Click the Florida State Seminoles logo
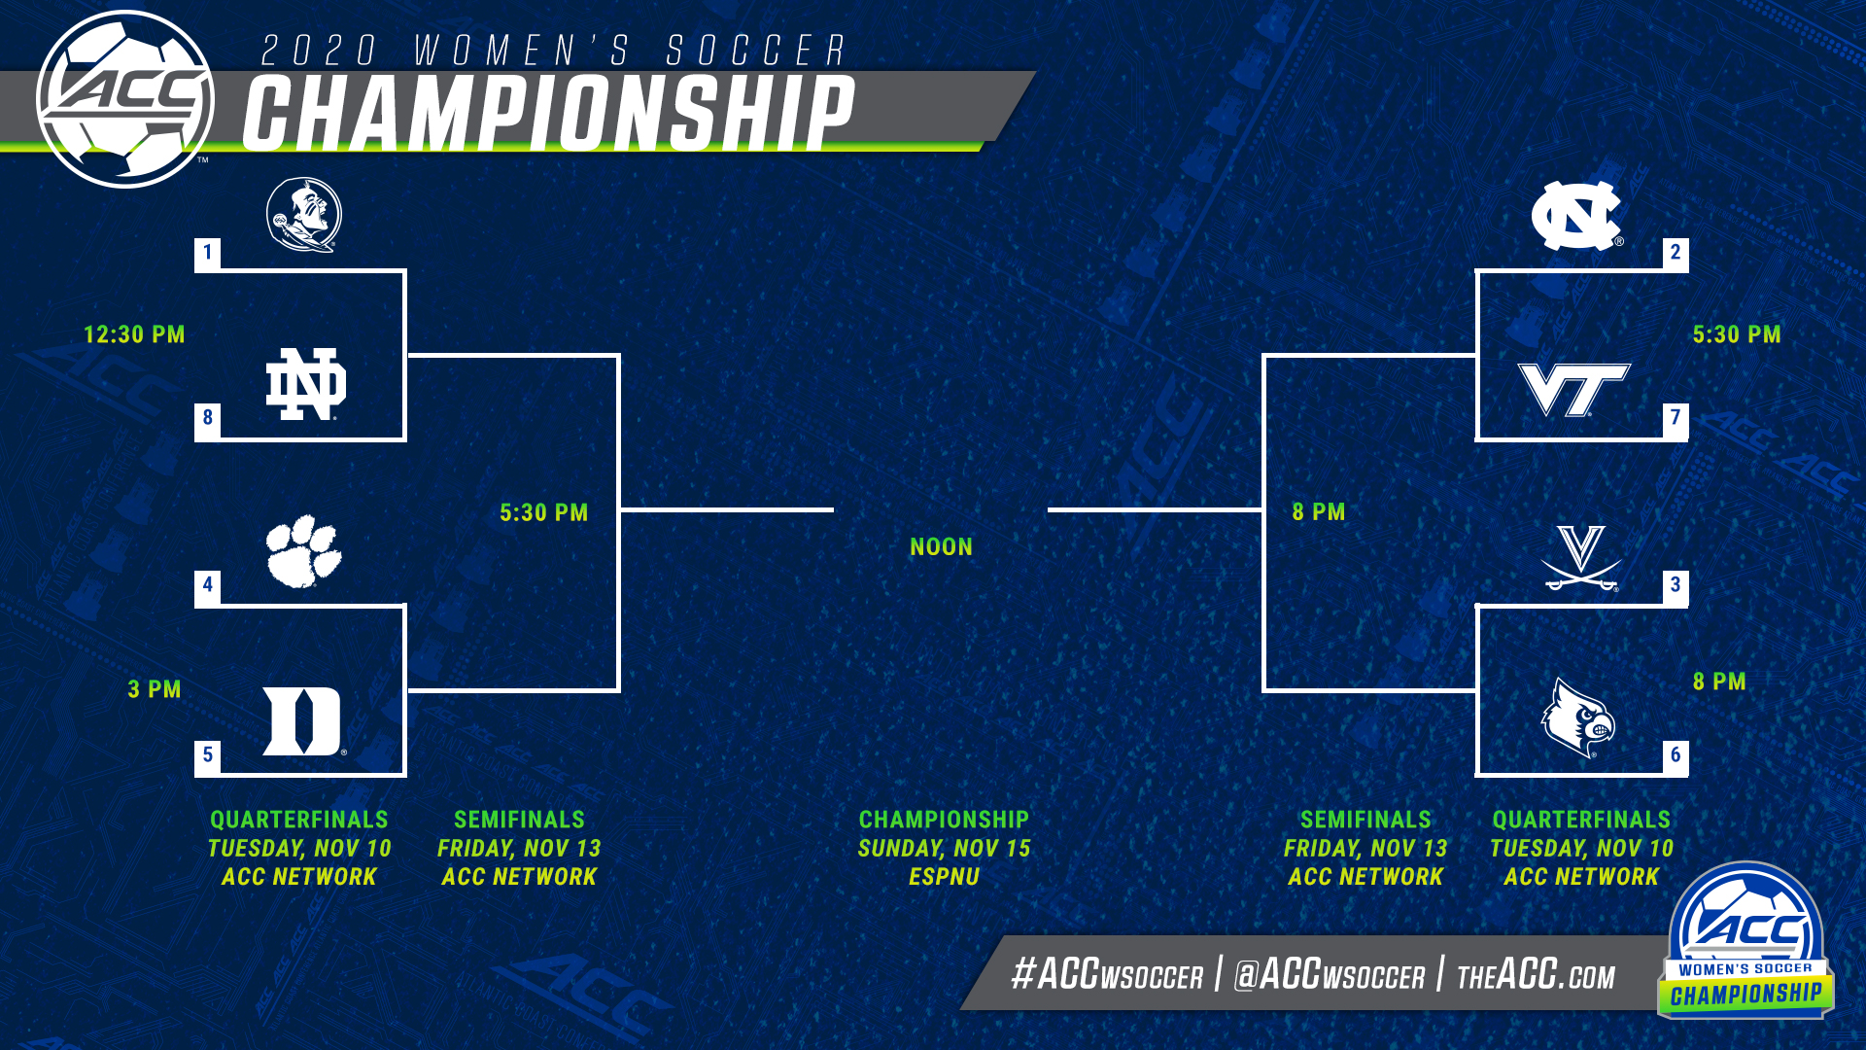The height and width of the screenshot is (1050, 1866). (x=304, y=215)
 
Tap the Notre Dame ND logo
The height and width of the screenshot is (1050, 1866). (x=306, y=384)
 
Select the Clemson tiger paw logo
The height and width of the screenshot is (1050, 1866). (x=303, y=551)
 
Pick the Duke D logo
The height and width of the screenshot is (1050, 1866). (x=303, y=721)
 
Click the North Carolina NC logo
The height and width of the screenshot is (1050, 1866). (x=1576, y=215)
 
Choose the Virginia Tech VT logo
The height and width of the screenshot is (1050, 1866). (x=1573, y=390)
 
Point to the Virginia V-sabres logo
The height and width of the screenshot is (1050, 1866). (x=1581, y=558)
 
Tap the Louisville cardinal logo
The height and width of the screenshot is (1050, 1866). (x=1577, y=717)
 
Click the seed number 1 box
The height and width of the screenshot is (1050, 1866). (x=207, y=254)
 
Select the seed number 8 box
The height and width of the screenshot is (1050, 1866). (x=207, y=419)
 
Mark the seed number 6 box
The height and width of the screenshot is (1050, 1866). (x=1676, y=756)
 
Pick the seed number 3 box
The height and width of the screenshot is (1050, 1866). (x=1676, y=586)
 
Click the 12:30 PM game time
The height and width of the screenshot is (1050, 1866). (x=134, y=334)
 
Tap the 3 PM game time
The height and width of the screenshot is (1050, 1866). (x=155, y=689)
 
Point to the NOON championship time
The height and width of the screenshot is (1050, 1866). (x=941, y=547)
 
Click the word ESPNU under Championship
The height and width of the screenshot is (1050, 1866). (x=944, y=877)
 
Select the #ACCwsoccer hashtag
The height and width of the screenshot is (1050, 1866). (x=1107, y=974)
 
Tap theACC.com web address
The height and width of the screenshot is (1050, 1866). (x=1536, y=974)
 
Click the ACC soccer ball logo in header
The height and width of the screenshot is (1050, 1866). (x=125, y=99)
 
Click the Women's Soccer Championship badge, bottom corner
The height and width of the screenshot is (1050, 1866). (x=1745, y=940)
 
